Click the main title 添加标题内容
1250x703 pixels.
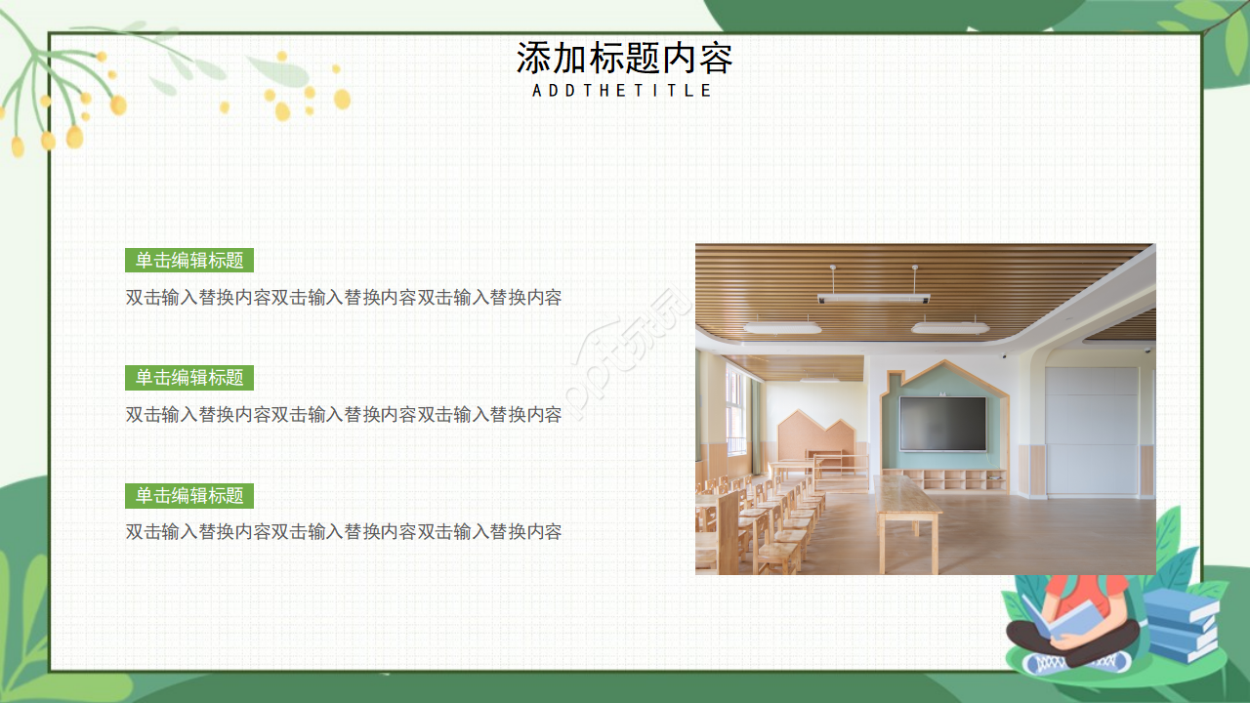[624, 59]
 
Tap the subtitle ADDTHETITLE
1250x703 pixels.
[623, 91]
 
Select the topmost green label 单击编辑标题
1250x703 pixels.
[189, 261]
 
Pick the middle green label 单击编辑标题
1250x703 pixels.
[189, 378]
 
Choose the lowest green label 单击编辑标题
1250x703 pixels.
[189, 496]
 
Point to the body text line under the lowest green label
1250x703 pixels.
[344, 532]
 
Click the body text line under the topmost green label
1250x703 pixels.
[344, 298]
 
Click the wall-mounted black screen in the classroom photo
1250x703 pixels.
[942, 423]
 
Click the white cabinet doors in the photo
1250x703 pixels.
[1091, 430]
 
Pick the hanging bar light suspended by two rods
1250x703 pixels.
[872, 298]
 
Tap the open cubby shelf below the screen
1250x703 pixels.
[962, 478]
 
